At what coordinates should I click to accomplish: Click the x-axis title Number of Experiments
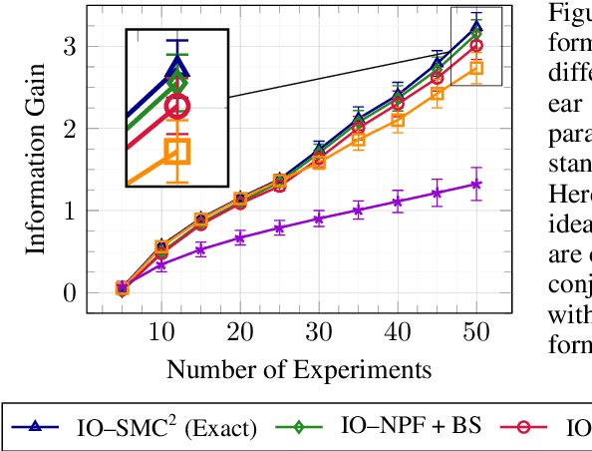299,370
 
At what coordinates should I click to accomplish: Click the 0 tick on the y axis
70,292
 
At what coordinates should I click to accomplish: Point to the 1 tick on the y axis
70,211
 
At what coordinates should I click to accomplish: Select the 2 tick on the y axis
70,129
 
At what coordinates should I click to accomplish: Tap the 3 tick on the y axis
70,47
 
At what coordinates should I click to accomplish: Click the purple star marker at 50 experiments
476,184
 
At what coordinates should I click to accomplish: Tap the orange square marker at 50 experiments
476,68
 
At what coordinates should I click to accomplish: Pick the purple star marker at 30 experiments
319,219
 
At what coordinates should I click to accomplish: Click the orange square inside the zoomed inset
177,151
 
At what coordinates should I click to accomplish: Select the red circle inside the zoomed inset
176,106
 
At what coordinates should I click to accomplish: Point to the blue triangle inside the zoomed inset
177,68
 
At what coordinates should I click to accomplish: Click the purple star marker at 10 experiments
161,264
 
